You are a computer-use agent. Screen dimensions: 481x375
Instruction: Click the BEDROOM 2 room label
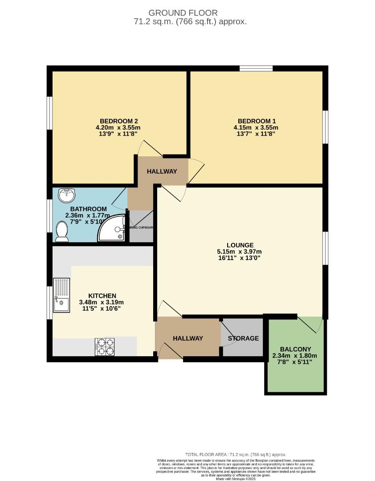tap(118, 121)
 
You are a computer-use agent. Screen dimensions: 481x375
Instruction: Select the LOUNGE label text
tap(240, 245)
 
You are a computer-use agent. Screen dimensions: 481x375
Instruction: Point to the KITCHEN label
tap(102, 296)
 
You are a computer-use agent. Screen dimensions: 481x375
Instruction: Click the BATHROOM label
tap(89, 209)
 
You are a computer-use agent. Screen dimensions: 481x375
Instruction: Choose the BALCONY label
tap(295, 349)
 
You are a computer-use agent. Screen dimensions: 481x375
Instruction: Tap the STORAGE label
tap(243, 338)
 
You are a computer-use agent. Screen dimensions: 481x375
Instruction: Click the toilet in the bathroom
tap(62, 232)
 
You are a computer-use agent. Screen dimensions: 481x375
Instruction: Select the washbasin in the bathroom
tap(67, 195)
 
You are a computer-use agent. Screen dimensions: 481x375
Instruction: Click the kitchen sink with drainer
tap(61, 295)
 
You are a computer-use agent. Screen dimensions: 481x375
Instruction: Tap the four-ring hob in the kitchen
tap(105, 346)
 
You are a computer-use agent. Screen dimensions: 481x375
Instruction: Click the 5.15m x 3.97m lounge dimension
tap(240, 252)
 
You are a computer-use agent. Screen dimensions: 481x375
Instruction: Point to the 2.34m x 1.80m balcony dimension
tap(294, 356)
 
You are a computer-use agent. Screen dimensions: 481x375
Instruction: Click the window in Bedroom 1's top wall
tap(256, 68)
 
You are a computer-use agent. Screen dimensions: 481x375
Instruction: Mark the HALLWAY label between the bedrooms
tap(162, 171)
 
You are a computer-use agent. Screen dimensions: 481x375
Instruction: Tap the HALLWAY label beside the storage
tap(188, 338)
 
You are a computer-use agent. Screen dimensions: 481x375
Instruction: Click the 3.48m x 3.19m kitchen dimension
tap(102, 302)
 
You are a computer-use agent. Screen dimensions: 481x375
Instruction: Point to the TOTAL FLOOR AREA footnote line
tap(236, 455)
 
